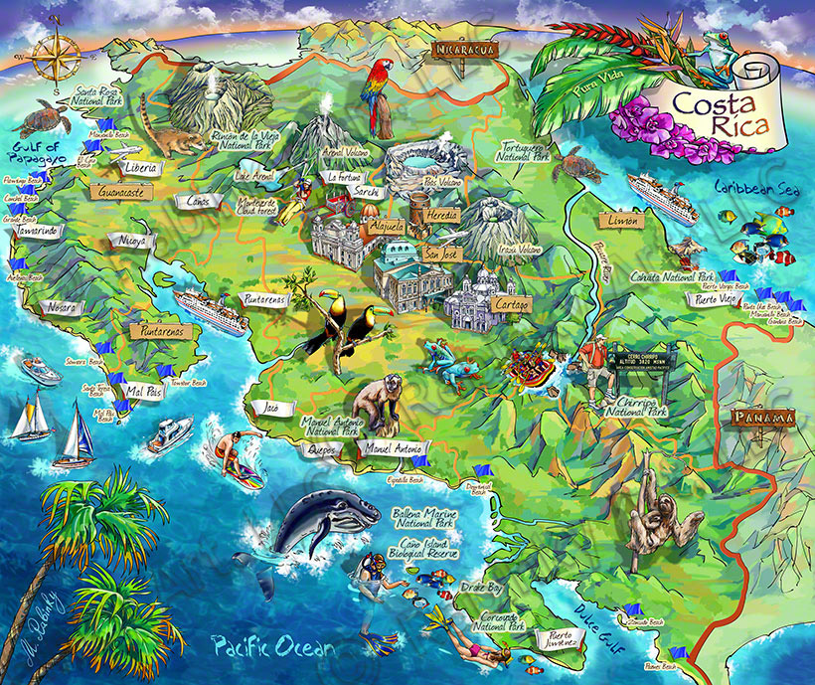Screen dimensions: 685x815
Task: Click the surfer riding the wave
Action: click(x=235, y=455)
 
